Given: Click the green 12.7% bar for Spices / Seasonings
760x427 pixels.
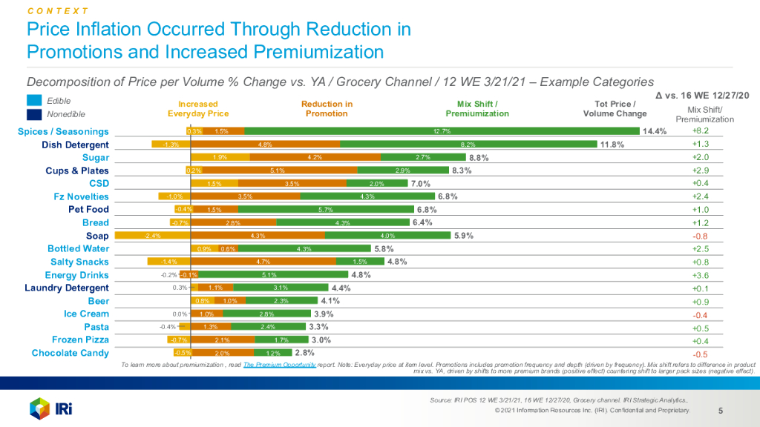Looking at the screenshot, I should click(442, 131).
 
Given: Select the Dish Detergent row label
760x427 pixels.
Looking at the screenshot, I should click(75, 145).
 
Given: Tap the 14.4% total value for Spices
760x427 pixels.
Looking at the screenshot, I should click(655, 131).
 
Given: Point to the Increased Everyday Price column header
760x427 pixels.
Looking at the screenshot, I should click(198, 109).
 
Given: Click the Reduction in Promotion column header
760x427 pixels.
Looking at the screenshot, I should click(327, 109).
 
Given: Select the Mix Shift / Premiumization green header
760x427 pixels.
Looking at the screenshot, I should click(477, 109).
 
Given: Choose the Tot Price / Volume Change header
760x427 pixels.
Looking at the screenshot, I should click(615, 109).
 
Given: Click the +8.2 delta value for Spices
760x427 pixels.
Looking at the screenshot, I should click(701, 131).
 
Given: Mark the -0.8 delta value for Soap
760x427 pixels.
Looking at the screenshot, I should click(701, 236).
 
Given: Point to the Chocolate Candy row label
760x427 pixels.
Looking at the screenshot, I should click(70, 353).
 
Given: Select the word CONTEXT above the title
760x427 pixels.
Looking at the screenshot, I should click(58, 11).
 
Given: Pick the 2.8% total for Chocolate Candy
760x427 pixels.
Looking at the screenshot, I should click(306, 353).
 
